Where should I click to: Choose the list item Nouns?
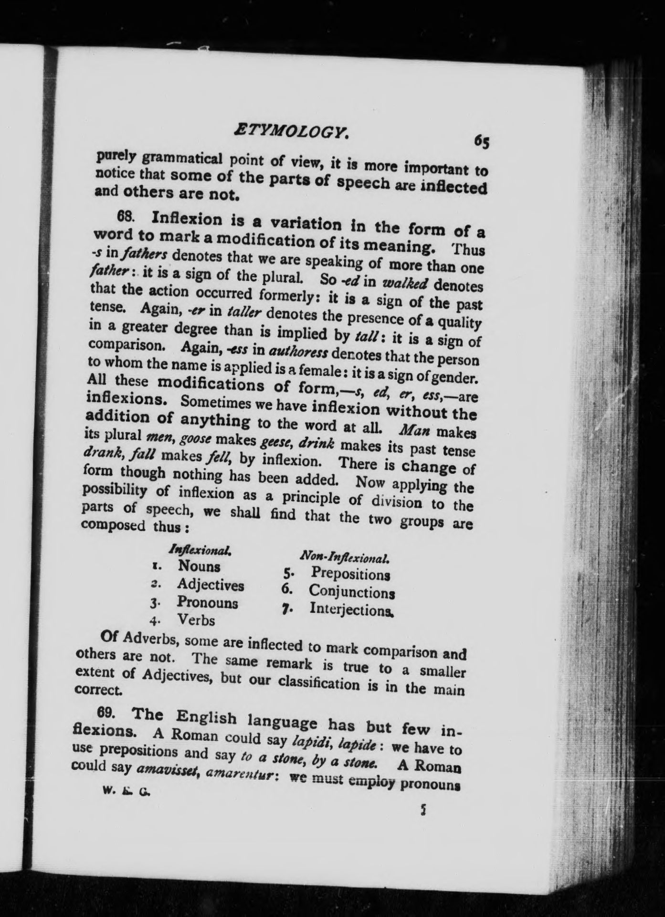click(199, 566)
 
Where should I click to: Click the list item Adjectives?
click(210, 585)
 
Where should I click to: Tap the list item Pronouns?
click(207, 602)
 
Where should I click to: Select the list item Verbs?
click(196, 620)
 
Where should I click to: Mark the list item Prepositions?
click(350, 573)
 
